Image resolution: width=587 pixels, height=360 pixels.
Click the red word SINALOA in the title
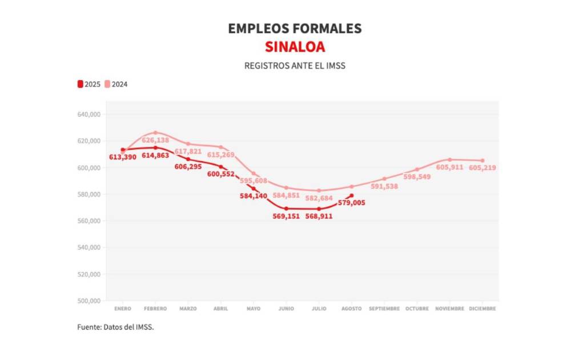tap(295, 47)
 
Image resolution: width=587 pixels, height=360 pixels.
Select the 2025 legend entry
tap(89, 84)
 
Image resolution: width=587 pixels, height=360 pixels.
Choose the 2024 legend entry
tap(116, 84)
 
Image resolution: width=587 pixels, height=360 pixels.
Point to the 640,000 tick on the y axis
tap(89, 114)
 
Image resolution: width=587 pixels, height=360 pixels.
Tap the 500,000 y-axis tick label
tap(89, 301)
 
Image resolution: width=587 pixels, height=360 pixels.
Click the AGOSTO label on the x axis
tap(352, 309)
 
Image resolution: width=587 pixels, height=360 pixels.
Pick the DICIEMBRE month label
tap(483, 309)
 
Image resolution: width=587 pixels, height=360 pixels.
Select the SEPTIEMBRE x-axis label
tap(384, 309)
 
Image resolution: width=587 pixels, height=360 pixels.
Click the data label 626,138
tap(155, 140)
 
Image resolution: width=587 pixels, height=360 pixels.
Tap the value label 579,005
tap(351, 203)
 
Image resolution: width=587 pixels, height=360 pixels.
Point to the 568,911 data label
tap(319, 217)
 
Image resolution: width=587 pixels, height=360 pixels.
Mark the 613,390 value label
tap(123, 157)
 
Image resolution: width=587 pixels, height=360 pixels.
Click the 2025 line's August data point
tap(352, 195)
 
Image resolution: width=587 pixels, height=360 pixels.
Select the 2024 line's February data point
tap(155, 133)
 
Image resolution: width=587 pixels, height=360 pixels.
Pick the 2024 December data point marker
tap(483, 161)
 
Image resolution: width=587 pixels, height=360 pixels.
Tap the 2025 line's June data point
tap(286, 209)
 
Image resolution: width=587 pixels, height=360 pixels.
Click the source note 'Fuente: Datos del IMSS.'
tap(116, 327)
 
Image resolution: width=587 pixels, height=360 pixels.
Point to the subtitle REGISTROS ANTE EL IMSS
tap(295, 66)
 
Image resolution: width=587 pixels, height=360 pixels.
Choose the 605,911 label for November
tap(450, 167)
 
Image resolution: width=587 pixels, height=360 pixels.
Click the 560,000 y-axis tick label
tap(89, 221)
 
